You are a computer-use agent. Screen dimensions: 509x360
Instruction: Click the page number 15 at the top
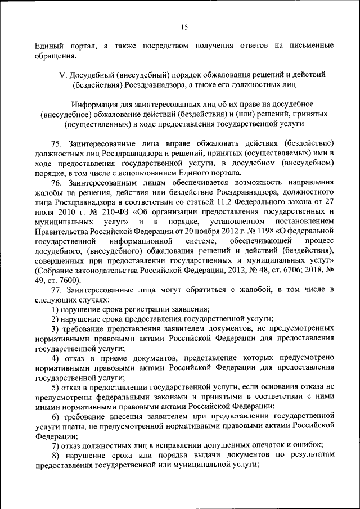(x=184, y=27)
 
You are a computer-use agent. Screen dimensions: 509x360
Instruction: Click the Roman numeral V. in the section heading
(x=62, y=75)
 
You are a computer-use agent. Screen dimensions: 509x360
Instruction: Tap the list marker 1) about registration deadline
(x=55, y=309)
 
